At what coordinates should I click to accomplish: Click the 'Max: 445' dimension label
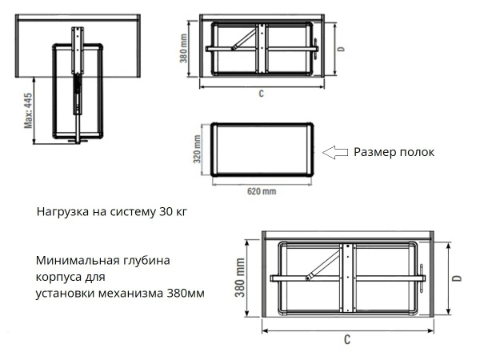(27, 110)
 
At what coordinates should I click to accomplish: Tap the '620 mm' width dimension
(261, 191)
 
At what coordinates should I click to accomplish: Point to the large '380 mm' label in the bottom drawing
(239, 277)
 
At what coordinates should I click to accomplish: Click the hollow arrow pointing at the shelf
(334, 151)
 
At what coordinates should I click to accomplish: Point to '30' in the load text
(165, 213)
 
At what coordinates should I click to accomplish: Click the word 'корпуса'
(58, 277)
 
